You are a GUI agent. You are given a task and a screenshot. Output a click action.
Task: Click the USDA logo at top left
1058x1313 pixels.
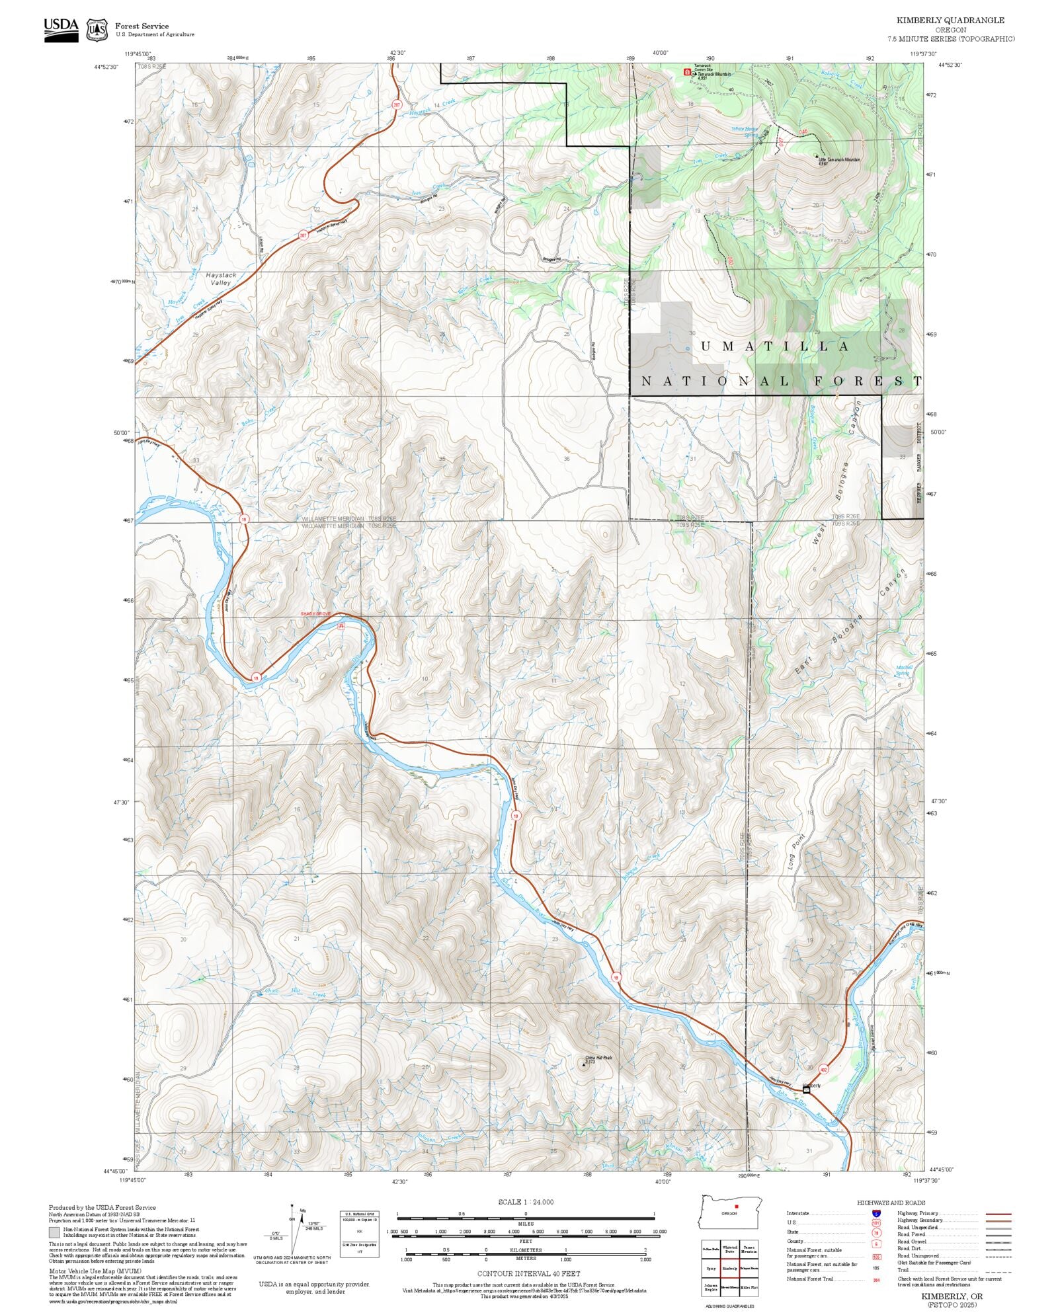point(61,29)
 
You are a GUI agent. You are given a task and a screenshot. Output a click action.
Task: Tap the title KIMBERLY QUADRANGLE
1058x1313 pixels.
point(950,20)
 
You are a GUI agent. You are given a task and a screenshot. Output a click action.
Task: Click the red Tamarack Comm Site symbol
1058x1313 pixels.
point(686,71)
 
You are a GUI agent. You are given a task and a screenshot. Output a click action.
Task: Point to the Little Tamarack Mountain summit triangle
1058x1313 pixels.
point(815,157)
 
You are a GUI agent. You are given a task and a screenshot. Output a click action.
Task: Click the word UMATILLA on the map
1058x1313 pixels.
point(774,346)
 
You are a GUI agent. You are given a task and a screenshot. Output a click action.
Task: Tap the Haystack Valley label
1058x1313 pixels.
point(220,278)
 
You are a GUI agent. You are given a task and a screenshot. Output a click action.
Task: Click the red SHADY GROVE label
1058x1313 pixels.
point(315,614)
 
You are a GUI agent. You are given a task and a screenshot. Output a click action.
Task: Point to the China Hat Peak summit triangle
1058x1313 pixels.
point(584,1064)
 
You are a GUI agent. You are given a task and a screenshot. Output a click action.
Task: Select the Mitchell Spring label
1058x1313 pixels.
point(904,669)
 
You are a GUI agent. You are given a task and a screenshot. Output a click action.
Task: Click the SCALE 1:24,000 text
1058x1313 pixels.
point(526,1202)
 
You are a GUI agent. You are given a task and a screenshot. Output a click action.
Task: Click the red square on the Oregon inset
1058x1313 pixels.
point(736,1206)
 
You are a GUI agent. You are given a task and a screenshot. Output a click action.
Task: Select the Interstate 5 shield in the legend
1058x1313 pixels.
point(876,1214)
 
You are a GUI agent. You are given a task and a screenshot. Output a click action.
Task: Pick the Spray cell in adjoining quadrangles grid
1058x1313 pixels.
point(711,1268)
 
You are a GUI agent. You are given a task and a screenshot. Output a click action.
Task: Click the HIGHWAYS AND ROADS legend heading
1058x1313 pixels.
point(891,1203)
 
